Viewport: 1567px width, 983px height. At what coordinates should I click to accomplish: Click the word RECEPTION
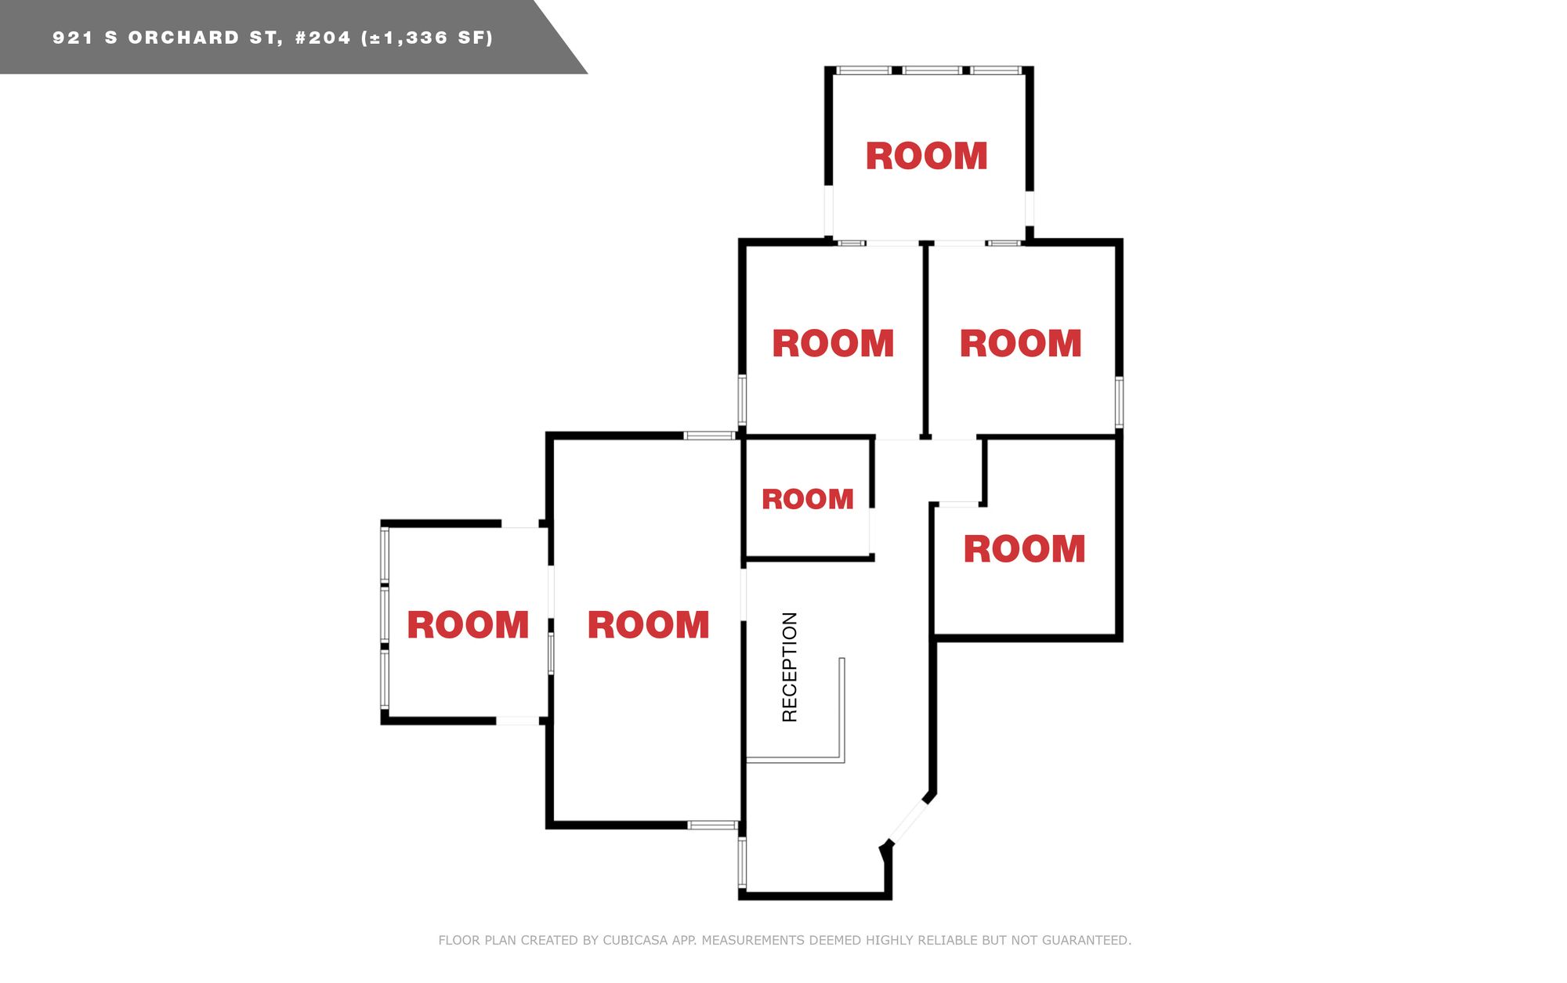(x=790, y=667)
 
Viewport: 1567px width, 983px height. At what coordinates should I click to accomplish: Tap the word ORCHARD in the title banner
(x=184, y=38)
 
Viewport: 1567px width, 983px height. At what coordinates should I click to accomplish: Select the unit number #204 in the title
(x=323, y=38)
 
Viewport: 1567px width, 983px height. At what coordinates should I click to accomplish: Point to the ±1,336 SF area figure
(x=427, y=38)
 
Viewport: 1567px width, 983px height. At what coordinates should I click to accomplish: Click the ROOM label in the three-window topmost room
(x=926, y=156)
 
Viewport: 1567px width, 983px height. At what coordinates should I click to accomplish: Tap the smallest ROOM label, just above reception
(x=808, y=499)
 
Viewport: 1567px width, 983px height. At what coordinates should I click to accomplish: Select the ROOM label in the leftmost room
(x=468, y=625)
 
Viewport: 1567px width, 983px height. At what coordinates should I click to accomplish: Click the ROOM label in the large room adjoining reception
(x=649, y=625)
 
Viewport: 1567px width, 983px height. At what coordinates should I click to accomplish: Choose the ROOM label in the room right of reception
(x=1024, y=549)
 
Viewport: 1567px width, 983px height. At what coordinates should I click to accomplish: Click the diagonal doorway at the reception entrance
(x=908, y=821)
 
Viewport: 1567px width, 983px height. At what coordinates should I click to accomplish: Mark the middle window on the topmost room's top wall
(x=932, y=70)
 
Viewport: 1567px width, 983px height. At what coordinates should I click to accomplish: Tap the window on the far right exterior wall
(x=1119, y=402)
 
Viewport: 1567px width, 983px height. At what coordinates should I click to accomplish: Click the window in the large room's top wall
(x=709, y=435)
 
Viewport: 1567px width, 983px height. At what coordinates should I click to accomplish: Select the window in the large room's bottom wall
(x=713, y=825)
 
